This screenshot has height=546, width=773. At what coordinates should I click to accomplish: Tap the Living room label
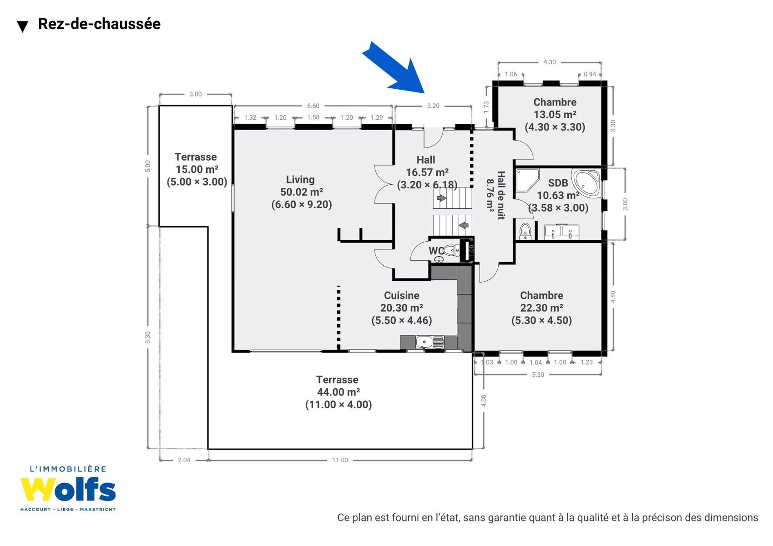pyautogui.click(x=300, y=179)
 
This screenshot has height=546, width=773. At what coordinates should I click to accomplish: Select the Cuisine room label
pyautogui.click(x=402, y=295)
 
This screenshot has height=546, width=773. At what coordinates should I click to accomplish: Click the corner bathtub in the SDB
pyautogui.click(x=586, y=183)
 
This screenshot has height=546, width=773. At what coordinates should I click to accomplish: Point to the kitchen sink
pyautogui.click(x=429, y=342)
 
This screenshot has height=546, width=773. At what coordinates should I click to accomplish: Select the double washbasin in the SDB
pyautogui.click(x=561, y=232)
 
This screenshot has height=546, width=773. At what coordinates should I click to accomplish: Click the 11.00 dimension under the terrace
pyautogui.click(x=340, y=460)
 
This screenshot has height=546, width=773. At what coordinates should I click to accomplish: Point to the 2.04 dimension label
pyautogui.click(x=184, y=460)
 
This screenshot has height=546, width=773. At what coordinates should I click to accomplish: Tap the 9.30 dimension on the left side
pyautogui.click(x=148, y=337)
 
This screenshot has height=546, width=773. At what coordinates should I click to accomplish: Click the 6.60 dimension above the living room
pyautogui.click(x=313, y=106)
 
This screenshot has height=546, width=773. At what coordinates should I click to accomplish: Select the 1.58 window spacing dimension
pyautogui.click(x=313, y=117)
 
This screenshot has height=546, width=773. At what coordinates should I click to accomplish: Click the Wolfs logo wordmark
pyautogui.click(x=68, y=489)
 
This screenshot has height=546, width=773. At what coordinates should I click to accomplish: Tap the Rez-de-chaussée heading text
pyautogui.click(x=99, y=24)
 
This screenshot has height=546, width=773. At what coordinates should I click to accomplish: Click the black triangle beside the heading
pyautogui.click(x=23, y=26)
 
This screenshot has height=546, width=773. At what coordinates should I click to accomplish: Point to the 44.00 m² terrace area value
pyautogui.click(x=338, y=392)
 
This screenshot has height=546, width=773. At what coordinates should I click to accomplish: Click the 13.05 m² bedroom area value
pyautogui.click(x=555, y=114)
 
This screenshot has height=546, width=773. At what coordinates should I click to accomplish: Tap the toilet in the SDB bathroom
pyautogui.click(x=525, y=231)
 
